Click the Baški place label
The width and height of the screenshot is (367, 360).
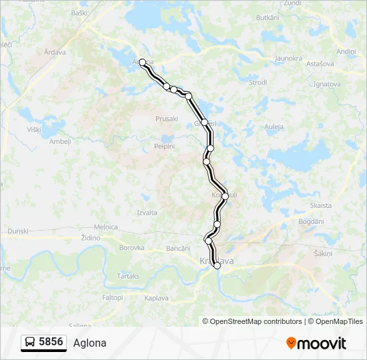tap(79, 13)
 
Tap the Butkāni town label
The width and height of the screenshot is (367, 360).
tap(266, 17)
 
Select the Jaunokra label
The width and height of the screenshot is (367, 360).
tap(289, 59)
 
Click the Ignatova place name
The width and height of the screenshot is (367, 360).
tap(327, 84)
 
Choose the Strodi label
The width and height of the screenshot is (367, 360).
tap(258, 83)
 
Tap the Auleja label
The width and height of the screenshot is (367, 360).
tap(274, 127)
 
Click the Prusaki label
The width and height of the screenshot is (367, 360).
tap(166, 119)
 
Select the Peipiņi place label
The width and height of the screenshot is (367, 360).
tap(163, 145)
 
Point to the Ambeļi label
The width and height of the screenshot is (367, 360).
tap(60, 141)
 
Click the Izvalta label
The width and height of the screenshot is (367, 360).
tap(146, 213)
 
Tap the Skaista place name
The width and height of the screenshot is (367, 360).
tap(321, 206)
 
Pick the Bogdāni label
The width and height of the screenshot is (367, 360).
tap(311, 221)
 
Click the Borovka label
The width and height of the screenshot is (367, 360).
tap(131, 247)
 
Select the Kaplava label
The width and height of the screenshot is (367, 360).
tap(156, 298)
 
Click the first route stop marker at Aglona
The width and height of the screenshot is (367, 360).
tap(142, 63)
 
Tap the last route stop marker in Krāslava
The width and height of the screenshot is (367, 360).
tap(217, 265)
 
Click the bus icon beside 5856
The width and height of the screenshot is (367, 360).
tap(31, 343)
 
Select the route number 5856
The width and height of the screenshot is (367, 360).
tap(51, 342)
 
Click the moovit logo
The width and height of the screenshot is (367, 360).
tap(316, 343)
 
